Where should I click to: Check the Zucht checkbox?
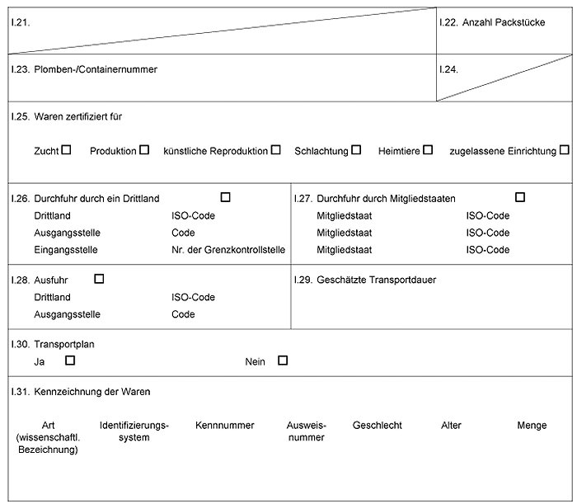point(66,150)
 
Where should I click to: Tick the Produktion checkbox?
point(144,150)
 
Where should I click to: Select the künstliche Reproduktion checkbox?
point(276,150)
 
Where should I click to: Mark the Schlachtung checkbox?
point(356,150)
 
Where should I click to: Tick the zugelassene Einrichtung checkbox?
point(564,150)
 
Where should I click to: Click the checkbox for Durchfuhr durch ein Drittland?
point(226,197)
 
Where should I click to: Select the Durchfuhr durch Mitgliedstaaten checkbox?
point(520,197)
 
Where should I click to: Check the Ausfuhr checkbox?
point(100,279)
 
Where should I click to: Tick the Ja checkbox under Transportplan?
point(70,360)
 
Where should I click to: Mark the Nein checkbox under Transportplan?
point(283,360)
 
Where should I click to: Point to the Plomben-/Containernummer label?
point(96,69)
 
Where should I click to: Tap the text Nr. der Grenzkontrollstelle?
point(228,250)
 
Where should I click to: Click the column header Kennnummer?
point(225,426)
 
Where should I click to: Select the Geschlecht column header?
point(377,426)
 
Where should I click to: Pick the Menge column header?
point(532,426)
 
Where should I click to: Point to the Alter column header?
point(452,426)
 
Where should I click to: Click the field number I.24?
point(448,69)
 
